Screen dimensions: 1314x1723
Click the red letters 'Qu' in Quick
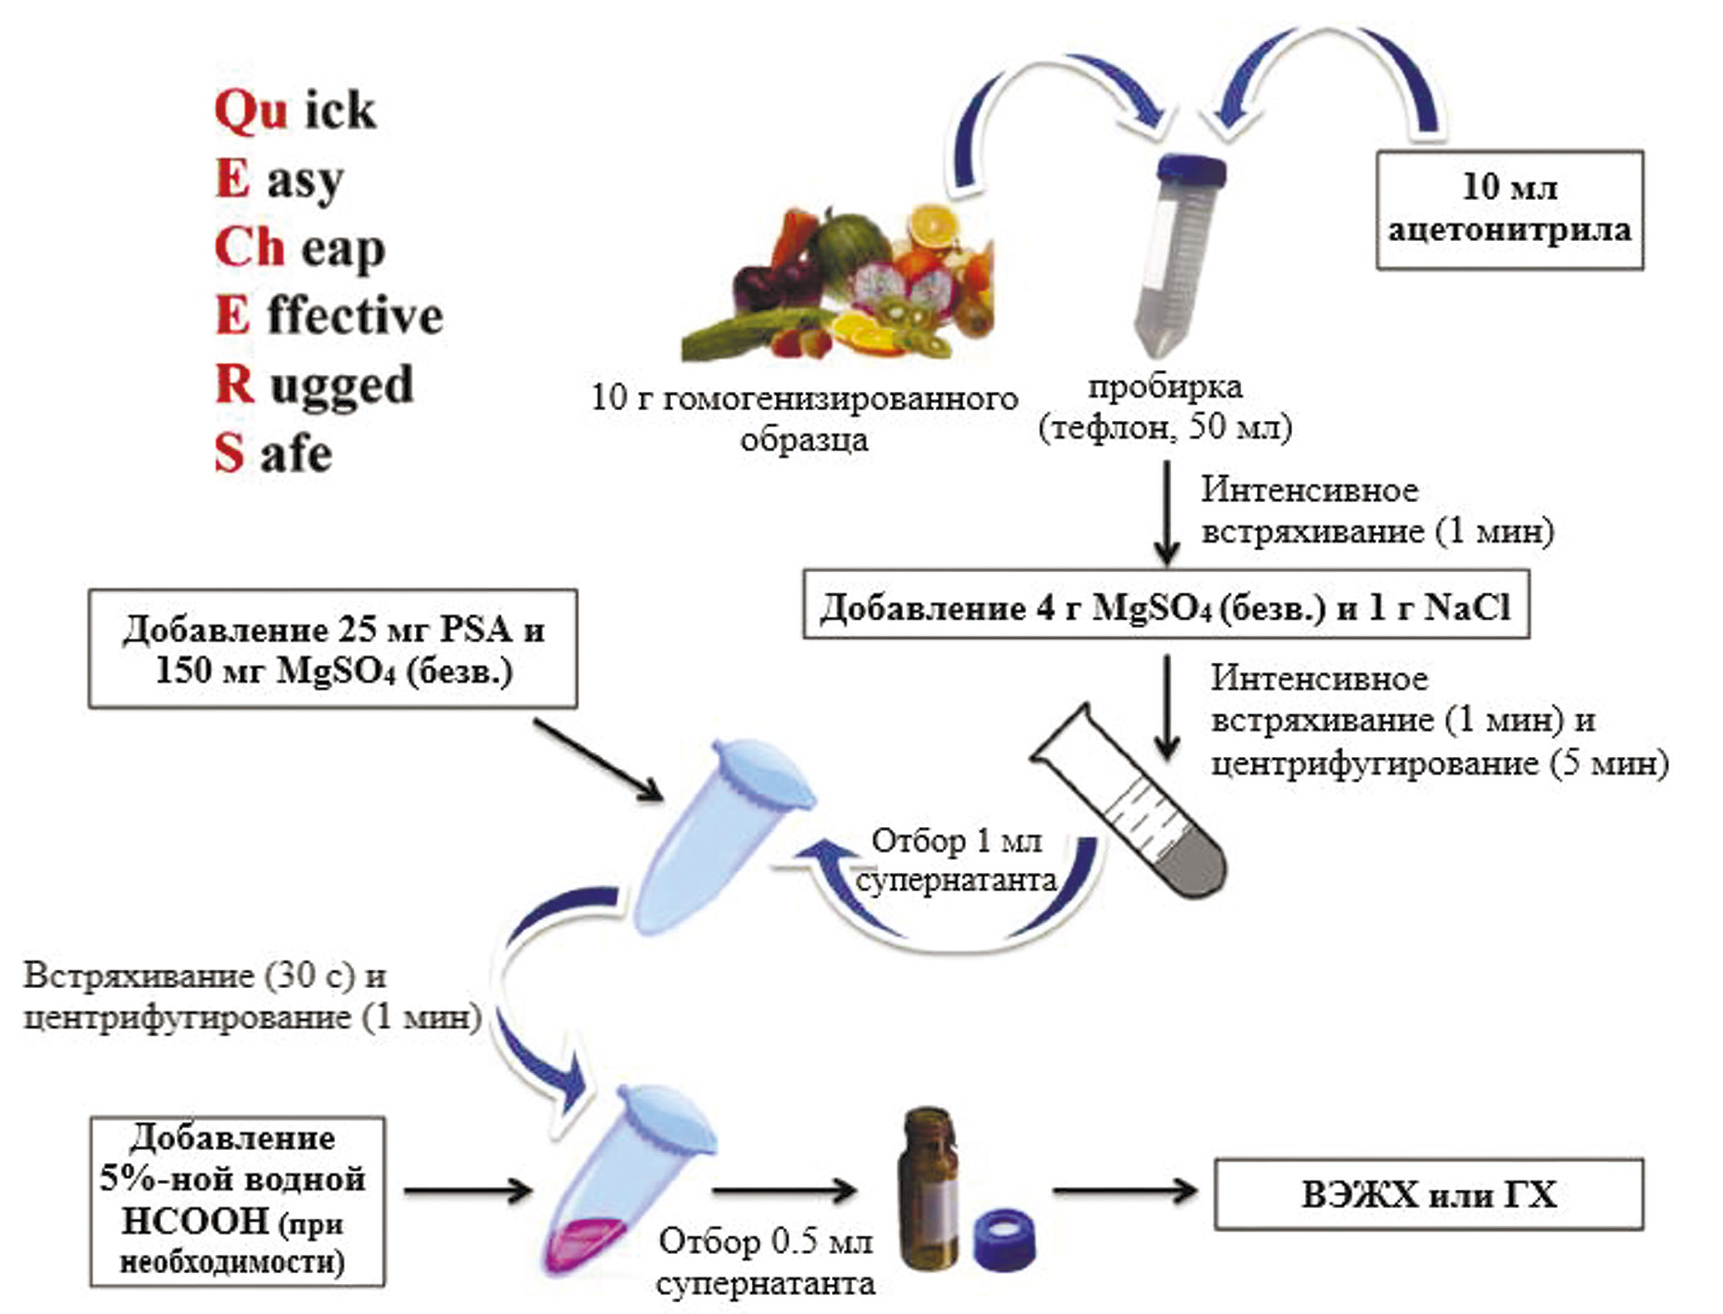[x=250, y=111]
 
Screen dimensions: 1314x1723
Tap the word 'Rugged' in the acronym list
[x=314, y=385]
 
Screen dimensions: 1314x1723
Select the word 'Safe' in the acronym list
[x=273, y=454]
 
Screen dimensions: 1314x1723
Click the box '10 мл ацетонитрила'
[x=1509, y=209]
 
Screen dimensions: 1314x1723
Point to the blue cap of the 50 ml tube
[x=1191, y=169]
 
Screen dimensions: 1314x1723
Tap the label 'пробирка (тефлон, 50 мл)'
[x=1165, y=408]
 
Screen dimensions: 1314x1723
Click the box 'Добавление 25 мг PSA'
[x=333, y=649]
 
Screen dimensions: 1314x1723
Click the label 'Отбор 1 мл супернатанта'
[x=956, y=860]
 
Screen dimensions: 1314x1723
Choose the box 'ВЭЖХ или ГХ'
[x=1428, y=1194]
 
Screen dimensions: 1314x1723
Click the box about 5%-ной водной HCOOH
[x=237, y=1201]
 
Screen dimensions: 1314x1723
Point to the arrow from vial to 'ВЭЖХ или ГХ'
[x=1124, y=1191]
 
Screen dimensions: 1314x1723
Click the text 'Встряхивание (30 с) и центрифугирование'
[x=250, y=996]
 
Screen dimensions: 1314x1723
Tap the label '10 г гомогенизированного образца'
[x=804, y=418]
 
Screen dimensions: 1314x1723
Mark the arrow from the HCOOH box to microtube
[x=467, y=1191]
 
